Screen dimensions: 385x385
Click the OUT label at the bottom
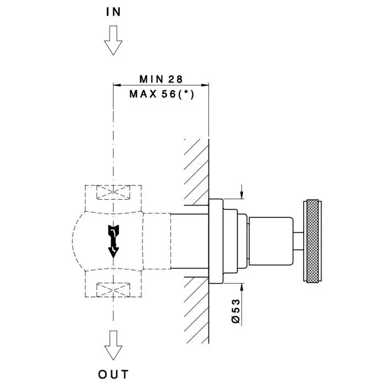pos(114,375)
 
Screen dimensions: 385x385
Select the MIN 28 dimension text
pos(161,79)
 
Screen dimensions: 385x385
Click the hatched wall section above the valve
pos(196,170)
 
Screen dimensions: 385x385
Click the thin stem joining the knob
pos(298,241)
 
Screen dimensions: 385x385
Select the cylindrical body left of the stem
pos(270,241)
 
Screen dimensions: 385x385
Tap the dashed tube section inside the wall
pos(190,241)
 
